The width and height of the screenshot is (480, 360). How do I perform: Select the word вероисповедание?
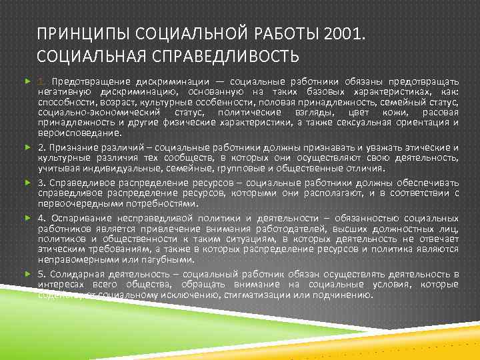(75, 133)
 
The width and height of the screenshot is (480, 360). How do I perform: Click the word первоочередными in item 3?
(75, 203)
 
